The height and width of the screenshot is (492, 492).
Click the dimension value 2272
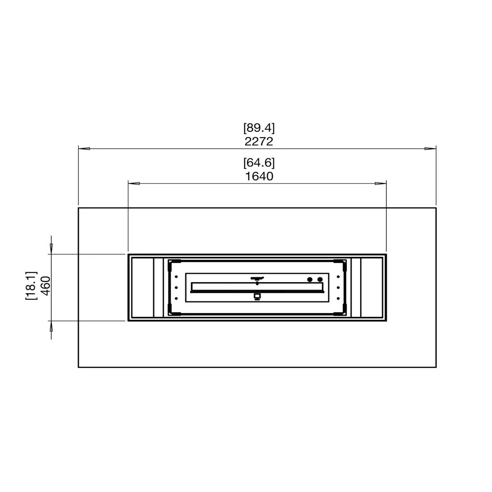tap(259, 141)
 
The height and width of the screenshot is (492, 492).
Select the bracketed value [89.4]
tap(259, 128)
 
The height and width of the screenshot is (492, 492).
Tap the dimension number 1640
tap(259, 176)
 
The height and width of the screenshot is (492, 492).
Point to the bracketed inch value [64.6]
tap(259, 163)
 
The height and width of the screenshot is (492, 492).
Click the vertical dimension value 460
tap(46, 286)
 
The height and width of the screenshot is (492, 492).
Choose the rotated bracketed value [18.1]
tap(31, 286)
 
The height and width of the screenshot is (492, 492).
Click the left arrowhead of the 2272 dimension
tap(84, 148)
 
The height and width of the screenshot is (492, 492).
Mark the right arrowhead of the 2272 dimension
tap(430, 148)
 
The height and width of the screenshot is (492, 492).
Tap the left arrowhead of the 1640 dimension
tap(134, 183)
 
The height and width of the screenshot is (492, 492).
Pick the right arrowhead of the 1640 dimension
tap(381, 183)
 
